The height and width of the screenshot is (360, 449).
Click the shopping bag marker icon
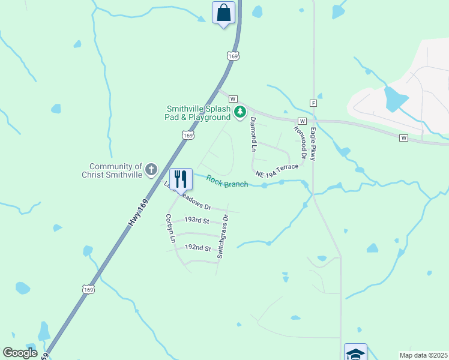pos(223,13)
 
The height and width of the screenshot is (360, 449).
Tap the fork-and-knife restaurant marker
pos(180,178)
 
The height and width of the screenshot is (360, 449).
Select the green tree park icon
pos(240,112)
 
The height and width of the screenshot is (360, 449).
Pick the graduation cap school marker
pos(355,353)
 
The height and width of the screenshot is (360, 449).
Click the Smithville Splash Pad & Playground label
pos(199,113)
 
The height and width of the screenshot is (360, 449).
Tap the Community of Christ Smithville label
pos(115,170)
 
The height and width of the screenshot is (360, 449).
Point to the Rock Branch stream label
pos(227,181)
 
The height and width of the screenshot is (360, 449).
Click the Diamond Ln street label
pos(253,134)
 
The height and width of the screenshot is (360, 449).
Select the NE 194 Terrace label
pos(277,170)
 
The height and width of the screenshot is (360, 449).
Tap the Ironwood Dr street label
pos(300,143)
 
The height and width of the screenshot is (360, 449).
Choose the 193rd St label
pos(196,221)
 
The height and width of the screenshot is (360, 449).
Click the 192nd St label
pos(197,248)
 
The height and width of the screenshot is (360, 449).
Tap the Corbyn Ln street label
pos(170,229)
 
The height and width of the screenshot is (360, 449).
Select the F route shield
pos(313,103)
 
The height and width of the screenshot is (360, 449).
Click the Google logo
pos(20,353)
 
